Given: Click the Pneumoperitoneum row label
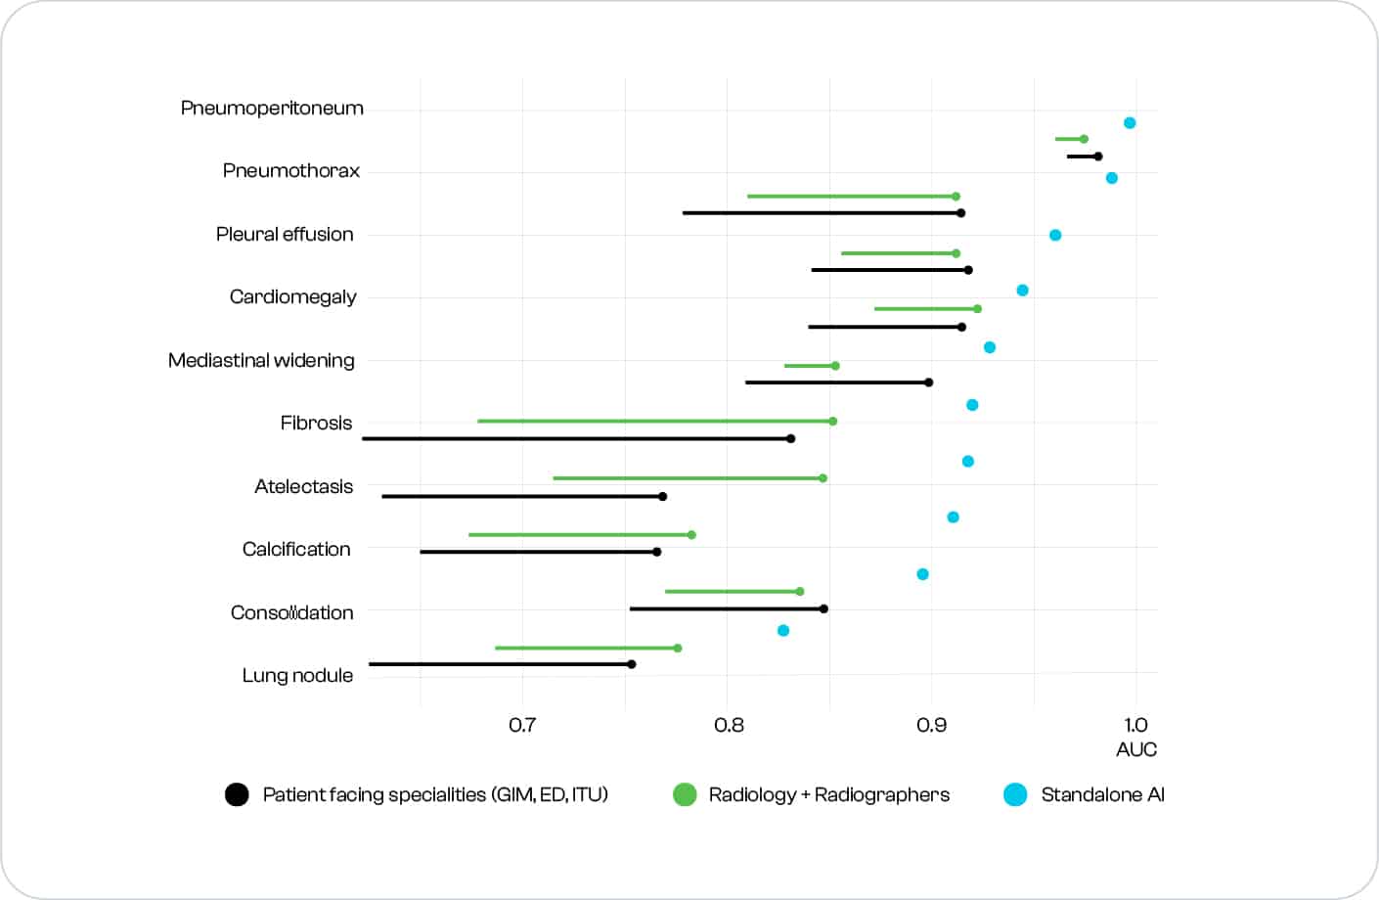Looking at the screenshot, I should (x=272, y=108).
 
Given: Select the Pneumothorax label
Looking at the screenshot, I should (x=290, y=170).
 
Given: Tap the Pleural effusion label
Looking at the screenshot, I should (x=285, y=234).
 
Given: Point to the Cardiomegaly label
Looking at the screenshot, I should (x=292, y=296).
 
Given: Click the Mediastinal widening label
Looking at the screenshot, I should (x=261, y=360).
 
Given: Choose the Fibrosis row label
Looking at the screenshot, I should (x=316, y=423).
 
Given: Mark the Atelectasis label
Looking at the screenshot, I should (x=303, y=486).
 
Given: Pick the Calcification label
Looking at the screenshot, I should (x=296, y=549).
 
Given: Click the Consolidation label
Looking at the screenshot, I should (x=291, y=612).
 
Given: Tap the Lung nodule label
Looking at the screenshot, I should (x=297, y=675).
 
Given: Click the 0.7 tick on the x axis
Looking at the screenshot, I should (x=522, y=725).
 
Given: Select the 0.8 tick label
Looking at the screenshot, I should (x=729, y=725).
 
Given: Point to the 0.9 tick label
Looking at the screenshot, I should (x=932, y=725).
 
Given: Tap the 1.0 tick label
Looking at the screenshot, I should (x=1135, y=725).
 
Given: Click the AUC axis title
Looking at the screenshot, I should (x=1136, y=749).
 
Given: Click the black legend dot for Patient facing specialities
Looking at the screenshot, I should (x=237, y=794).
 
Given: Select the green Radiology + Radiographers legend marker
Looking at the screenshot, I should (x=685, y=794).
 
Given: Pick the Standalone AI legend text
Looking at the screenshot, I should (x=1102, y=794).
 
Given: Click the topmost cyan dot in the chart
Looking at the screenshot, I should (x=1130, y=123).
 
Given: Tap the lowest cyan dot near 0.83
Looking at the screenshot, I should (x=783, y=631).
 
